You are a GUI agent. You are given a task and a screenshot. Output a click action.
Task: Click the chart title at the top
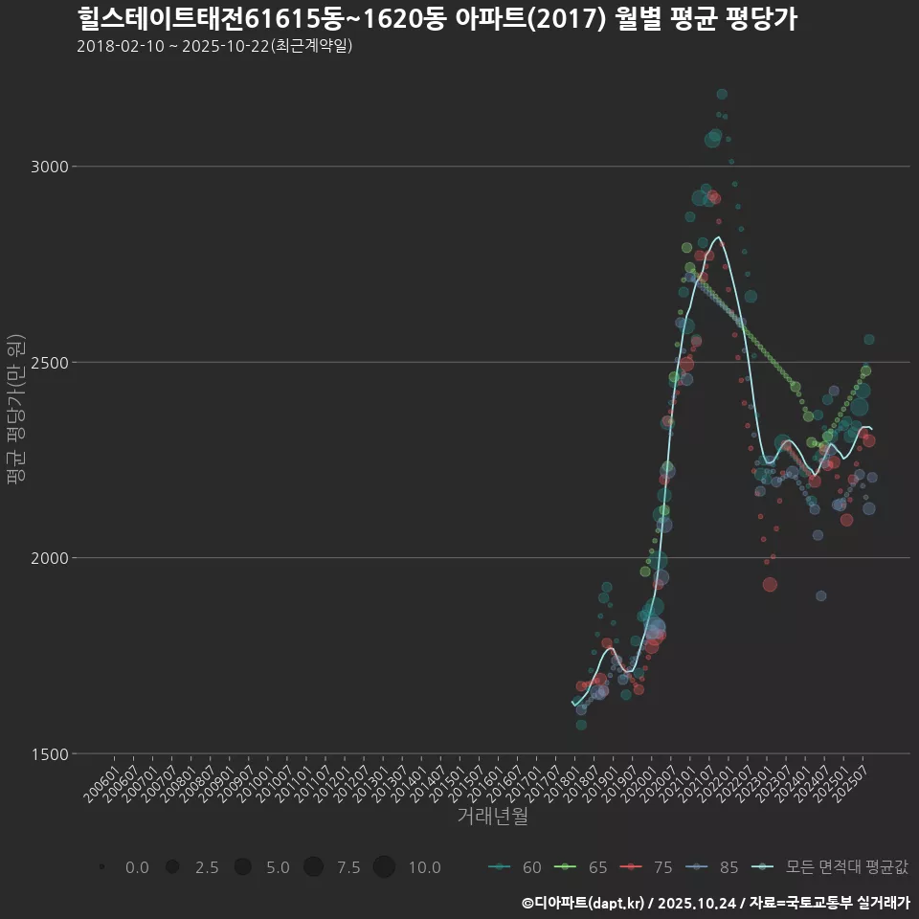437,19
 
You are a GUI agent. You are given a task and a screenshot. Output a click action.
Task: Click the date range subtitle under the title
214,46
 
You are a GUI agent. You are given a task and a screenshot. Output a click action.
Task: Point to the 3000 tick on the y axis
51,167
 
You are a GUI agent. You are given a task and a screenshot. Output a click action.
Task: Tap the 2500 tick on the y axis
51,363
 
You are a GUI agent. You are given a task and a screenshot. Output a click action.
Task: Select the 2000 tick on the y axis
51,558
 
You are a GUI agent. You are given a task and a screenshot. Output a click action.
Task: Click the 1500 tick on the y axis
51,753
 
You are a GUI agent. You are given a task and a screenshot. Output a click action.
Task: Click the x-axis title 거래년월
492,817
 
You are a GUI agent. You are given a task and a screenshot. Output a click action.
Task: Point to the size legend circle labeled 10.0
384,867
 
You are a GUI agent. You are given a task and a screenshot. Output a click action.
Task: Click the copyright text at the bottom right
715,902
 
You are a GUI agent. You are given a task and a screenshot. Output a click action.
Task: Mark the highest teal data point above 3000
722,94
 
